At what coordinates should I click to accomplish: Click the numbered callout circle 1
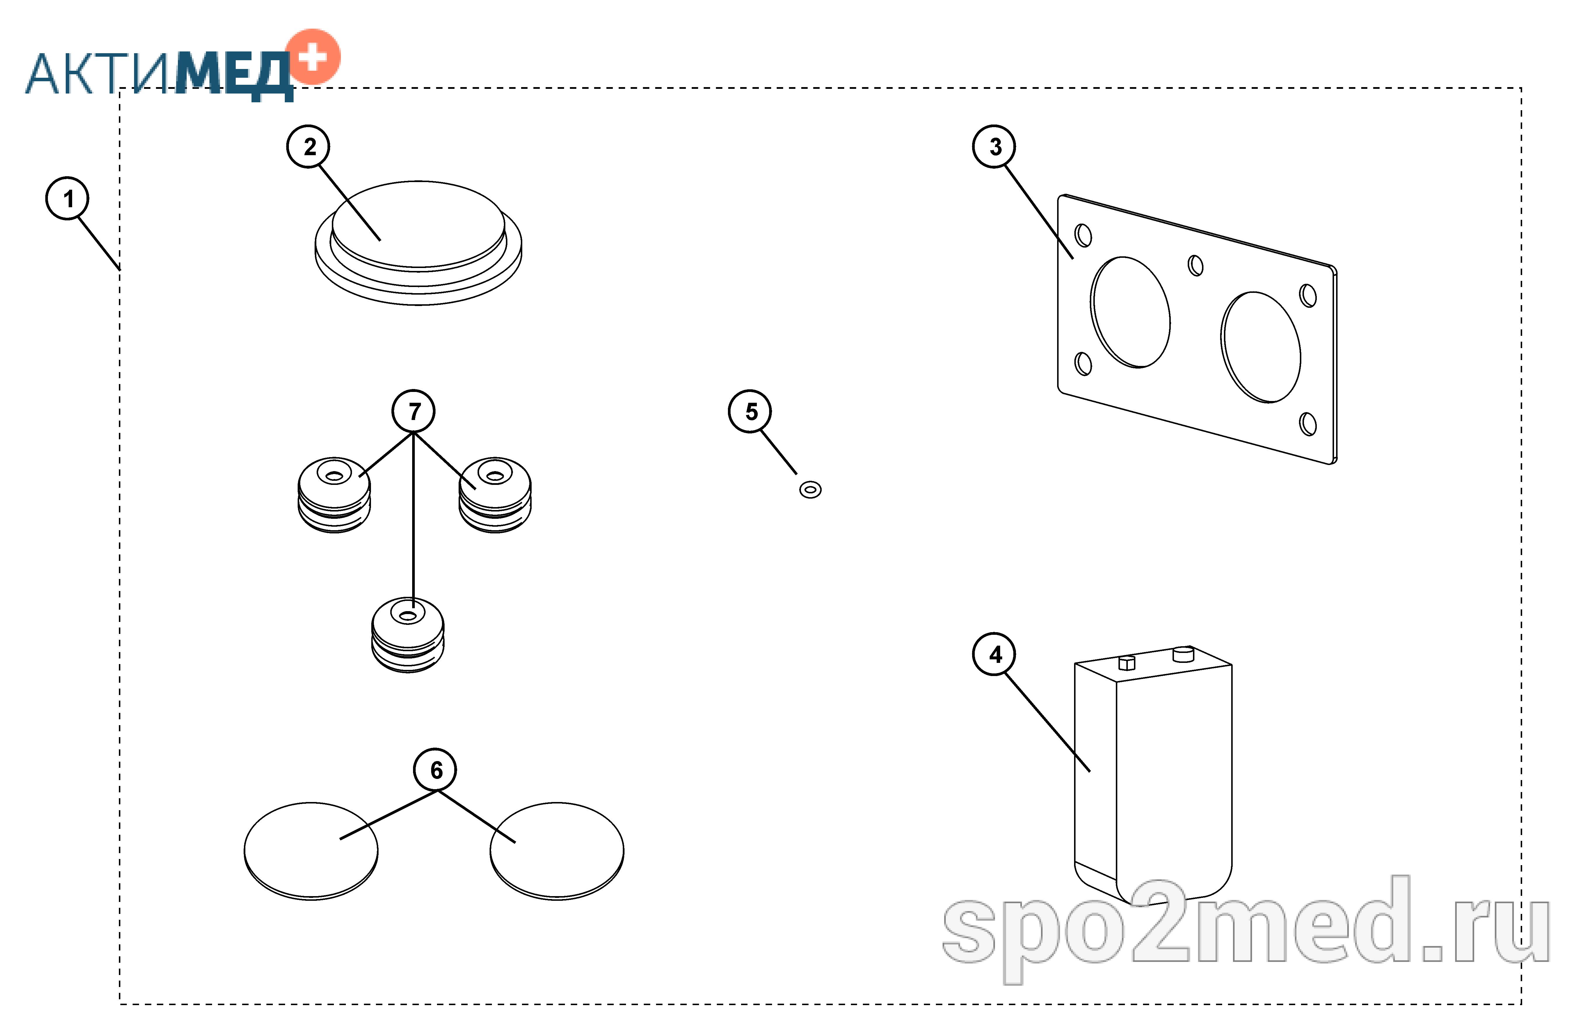click(x=67, y=198)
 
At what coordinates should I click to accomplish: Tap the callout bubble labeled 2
click(x=309, y=146)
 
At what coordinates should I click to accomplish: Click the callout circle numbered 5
click(x=750, y=411)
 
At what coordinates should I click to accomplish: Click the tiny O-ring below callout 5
click(x=810, y=490)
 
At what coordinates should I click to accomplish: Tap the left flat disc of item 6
click(x=311, y=851)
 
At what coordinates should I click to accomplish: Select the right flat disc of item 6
click(x=557, y=851)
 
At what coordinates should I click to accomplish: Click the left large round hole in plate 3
click(x=1130, y=312)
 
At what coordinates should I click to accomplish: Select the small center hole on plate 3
click(x=1195, y=266)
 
